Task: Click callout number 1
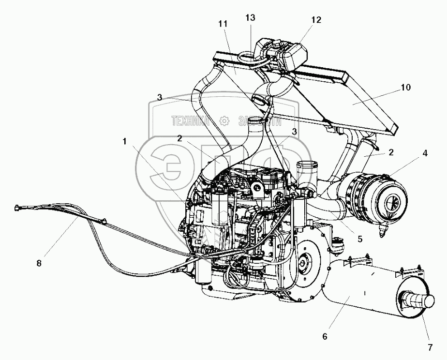125,142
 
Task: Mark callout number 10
405,88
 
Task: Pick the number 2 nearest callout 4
391,152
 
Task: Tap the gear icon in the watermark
223,120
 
